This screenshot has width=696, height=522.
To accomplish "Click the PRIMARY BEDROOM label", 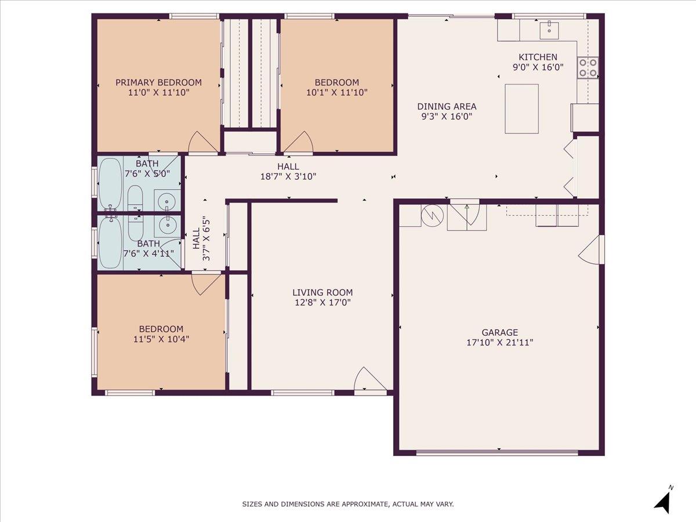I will pyautogui.click(x=158, y=82).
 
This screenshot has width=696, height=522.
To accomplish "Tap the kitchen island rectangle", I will pyautogui.click(x=521, y=108).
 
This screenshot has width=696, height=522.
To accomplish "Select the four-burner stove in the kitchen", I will pyautogui.click(x=588, y=68).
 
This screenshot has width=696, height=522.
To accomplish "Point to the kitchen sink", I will pyautogui.click(x=549, y=30).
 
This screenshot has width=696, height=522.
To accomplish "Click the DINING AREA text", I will pyautogui.click(x=447, y=106).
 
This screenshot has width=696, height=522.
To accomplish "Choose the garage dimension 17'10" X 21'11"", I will pyautogui.click(x=499, y=342).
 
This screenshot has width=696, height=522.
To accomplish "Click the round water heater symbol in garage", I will pyautogui.click(x=432, y=215).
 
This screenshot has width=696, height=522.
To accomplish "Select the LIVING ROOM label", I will pyautogui.click(x=322, y=293).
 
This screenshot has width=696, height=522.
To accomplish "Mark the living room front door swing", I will pyautogui.click(x=369, y=380).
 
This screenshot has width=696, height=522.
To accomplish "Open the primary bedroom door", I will pyautogui.click(x=202, y=143).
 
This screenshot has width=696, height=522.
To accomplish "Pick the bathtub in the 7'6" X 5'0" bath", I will pyautogui.click(x=110, y=184).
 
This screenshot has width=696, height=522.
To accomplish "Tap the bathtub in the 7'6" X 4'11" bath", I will pyautogui.click(x=110, y=242).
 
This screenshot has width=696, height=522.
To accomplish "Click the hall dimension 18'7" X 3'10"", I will pyautogui.click(x=288, y=176).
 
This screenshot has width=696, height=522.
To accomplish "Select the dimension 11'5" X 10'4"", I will pyautogui.click(x=161, y=339).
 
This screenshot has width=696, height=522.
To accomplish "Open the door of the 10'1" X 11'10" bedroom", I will pyautogui.click(x=298, y=144).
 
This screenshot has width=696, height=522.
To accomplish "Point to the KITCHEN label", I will pyautogui.click(x=538, y=57).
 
